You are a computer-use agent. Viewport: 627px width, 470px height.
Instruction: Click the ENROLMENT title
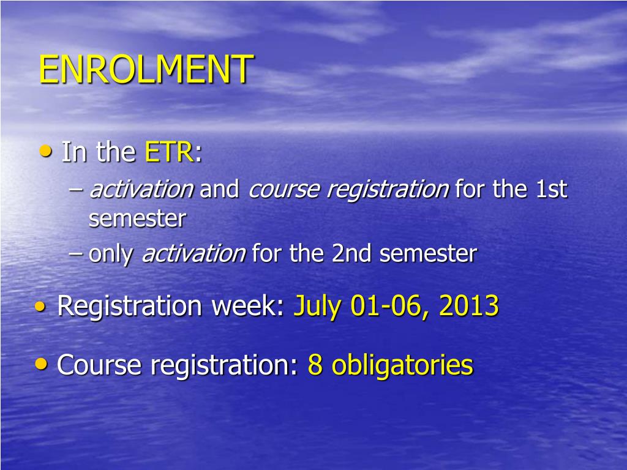146,69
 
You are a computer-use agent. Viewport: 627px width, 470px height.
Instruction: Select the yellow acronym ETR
169,152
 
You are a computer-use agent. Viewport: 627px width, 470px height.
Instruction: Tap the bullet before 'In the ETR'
46,151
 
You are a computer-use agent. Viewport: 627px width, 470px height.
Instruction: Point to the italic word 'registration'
388,189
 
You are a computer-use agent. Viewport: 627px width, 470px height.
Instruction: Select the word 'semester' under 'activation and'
137,218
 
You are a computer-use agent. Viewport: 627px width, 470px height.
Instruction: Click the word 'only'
110,254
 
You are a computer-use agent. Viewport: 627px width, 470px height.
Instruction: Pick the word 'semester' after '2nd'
428,254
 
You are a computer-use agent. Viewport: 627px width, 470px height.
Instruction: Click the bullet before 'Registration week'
40,306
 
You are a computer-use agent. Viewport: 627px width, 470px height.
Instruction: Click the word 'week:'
247,306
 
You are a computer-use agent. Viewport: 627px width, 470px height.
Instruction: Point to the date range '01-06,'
390,307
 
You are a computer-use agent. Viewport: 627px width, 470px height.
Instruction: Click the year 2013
469,306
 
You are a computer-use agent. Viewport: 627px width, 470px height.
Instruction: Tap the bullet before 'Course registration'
41,364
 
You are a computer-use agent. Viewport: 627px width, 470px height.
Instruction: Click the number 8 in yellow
315,365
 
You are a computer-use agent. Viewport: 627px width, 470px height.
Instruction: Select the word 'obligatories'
403,366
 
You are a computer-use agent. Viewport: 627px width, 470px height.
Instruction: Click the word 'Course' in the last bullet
99,365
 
